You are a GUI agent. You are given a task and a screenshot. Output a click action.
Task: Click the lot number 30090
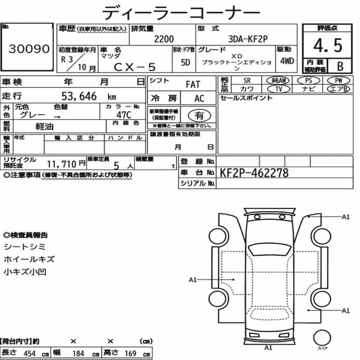(x=29, y=49)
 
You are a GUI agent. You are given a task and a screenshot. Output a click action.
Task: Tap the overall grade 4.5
(x=328, y=45)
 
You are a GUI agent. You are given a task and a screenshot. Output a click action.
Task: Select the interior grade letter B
(x=340, y=66)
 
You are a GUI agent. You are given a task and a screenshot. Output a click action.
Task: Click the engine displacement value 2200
(x=164, y=39)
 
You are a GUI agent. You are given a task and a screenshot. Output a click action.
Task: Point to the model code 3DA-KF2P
(x=248, y=39)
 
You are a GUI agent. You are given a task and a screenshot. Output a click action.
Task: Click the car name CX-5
(x=135, y=67)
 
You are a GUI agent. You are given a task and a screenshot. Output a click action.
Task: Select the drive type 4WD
(x=287, y=61)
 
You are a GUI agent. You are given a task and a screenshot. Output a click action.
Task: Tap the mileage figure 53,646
(x=79, y=96)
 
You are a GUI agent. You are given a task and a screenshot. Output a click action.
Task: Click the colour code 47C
(x=124, y=115)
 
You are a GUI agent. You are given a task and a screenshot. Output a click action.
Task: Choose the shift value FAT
(x=193, y=85)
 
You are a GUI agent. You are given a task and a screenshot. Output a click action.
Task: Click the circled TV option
(x=279, y=89)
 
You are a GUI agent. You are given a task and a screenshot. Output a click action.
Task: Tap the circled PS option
(x=309, y=81)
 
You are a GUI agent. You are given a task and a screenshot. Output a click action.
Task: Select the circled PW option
(x=338, y=81)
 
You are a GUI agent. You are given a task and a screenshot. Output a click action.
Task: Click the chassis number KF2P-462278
(x=254, y=173)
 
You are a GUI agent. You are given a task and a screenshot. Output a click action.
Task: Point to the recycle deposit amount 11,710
(x=62, y=164)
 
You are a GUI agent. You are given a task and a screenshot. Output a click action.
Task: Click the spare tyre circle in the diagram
(x=322, y=338)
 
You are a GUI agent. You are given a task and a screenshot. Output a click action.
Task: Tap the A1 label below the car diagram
(x=268, y=348)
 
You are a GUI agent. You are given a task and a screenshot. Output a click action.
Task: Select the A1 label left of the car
(x=193, y=280)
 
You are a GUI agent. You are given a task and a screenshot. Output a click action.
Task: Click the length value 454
(x=30, y=354)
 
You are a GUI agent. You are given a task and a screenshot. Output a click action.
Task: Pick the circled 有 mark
(x=199, y=115)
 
